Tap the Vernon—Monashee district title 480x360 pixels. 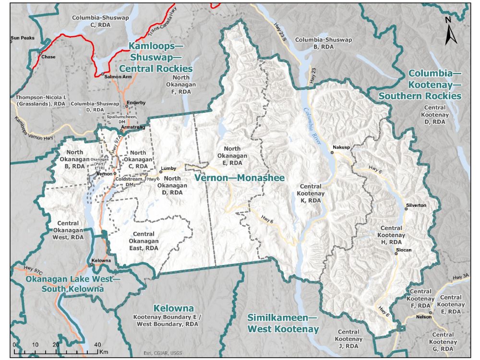click(240, 178)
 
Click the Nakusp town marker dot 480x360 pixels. click(332, 152)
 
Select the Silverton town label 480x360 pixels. click(416, 205)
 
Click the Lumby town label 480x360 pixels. click(168, 168)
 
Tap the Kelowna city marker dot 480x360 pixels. click(92, 264)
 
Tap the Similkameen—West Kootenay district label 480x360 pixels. click(283, 324)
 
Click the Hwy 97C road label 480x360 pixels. click(34, 270)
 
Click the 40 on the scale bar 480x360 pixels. click(97, 345)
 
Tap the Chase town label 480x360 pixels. click(48, 57)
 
